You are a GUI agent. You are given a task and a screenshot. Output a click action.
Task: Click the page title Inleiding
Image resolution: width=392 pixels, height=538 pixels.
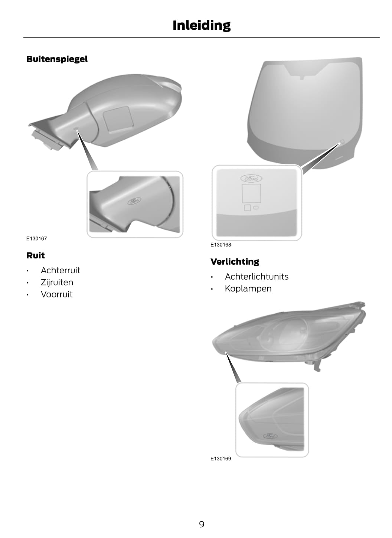click(202, 25)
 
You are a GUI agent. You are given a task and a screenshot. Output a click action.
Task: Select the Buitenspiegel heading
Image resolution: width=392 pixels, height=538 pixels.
click(57, 59)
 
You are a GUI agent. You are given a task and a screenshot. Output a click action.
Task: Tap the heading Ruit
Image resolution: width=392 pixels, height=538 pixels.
click(36, 255)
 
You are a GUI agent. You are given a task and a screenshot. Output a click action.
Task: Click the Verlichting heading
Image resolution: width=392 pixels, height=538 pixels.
click(235, 261)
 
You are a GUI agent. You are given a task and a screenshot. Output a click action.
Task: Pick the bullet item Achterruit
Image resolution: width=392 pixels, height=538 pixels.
click(60, 270)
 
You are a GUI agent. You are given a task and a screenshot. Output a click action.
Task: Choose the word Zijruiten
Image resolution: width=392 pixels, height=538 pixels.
click(57, 282)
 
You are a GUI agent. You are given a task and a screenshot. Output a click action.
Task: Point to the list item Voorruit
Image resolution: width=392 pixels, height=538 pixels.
click(57, 294)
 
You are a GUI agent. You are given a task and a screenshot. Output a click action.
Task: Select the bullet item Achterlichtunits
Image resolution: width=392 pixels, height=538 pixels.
click(257, 277)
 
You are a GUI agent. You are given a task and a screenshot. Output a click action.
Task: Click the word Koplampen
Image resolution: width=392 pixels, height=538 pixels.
click(248, 288)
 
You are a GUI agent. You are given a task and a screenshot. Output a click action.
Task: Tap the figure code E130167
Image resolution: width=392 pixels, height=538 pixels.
click(36, 238)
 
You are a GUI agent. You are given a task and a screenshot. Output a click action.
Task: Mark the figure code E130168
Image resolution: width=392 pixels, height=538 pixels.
click(221, 245)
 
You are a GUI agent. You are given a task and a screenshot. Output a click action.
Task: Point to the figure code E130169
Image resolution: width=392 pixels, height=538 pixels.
click(221, 459)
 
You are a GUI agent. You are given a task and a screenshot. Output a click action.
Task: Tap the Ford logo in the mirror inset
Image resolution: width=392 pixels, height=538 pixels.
click(134, 201)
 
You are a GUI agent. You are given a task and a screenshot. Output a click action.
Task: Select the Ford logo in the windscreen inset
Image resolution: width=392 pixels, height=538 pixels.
click(251, 179)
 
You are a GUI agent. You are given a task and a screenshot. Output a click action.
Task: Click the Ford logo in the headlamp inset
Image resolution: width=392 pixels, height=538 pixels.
click(271, 436)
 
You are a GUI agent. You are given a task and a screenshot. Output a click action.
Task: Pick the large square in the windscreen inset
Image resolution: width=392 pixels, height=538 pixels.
click(251, 193)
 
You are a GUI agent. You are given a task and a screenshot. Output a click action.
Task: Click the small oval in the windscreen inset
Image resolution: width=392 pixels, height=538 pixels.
click(256, 207)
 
